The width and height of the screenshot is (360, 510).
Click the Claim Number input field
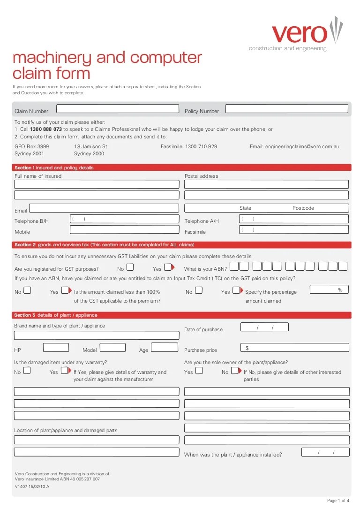coord(118,109)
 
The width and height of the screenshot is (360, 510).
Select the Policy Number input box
coord(287,109)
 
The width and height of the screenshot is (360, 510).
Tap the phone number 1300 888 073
coord(46,129)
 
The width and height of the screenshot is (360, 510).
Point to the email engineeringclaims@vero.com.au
coord(294,146)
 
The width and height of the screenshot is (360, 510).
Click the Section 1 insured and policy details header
coord(54,167)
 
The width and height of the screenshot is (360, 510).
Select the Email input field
coord(104,208)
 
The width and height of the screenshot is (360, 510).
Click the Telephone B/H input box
coord(125,219)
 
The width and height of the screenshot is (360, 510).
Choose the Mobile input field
coord(125,229)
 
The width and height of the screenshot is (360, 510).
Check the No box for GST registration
coord(130,267)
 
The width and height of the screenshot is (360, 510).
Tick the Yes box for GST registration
coord(168,267)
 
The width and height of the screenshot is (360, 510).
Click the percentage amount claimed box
coord(329,289)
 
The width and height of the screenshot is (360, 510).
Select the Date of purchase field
coord(264,327)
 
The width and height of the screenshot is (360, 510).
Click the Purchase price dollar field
coord(295,348)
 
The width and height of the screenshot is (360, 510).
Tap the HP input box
coord(56,348)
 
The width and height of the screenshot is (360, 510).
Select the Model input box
coord(113,348)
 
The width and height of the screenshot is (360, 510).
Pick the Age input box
coord(165,348)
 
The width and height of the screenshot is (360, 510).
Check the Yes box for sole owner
coord(199,370)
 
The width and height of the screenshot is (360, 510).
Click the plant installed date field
coord(325,452)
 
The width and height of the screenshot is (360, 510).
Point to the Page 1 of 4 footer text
coord(338,501)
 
